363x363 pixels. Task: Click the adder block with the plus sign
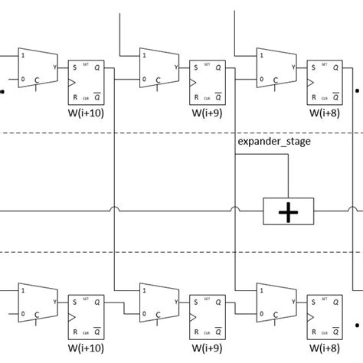288,211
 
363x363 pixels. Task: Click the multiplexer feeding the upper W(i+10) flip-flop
37,67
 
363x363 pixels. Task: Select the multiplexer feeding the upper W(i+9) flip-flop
156,67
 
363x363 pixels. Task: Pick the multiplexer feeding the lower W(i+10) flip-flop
37,302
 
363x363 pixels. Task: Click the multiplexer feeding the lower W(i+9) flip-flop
156,302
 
